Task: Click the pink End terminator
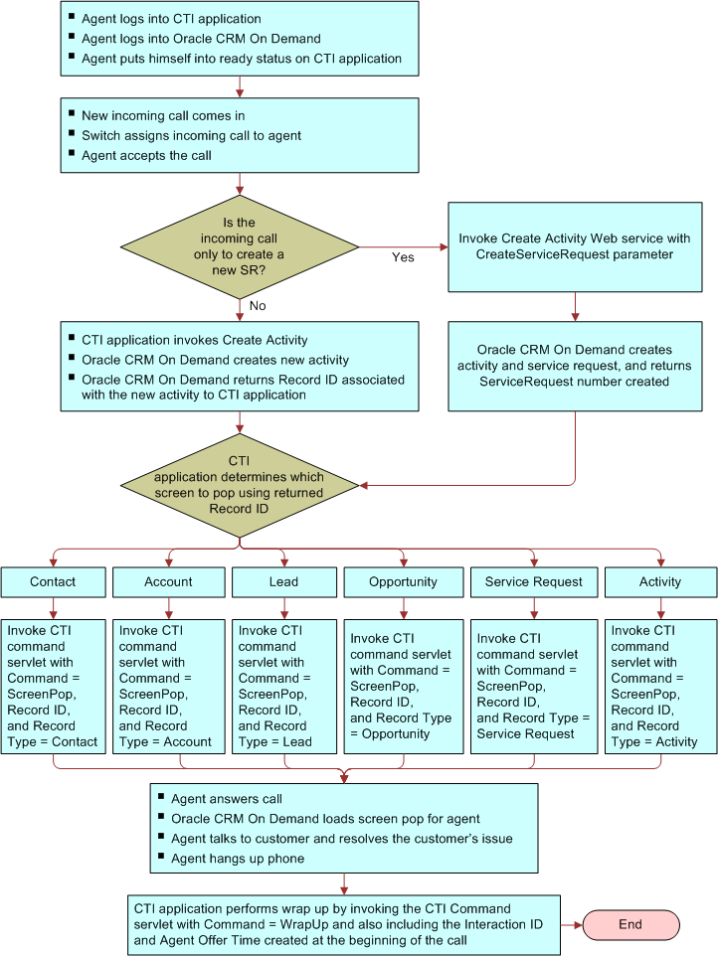coord(630,924)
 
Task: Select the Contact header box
coord(53,581)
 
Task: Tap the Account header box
coord(168,581)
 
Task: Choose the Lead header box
coord(283,581)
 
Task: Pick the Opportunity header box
coord(403,581)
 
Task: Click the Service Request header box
coord(534,581)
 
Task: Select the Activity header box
coord(660,581)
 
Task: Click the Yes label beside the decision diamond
coord(403,257)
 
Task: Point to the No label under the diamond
coord(258,306)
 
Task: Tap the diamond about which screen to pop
coord(239,485)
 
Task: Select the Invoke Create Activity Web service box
coord(575,246)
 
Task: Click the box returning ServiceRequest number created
coord(575,366)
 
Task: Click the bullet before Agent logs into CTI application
coord(72,18)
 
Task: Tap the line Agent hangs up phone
coord(237,858)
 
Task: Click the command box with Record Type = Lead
coord(283,685)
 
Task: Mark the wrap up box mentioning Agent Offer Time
coord(343,923)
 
